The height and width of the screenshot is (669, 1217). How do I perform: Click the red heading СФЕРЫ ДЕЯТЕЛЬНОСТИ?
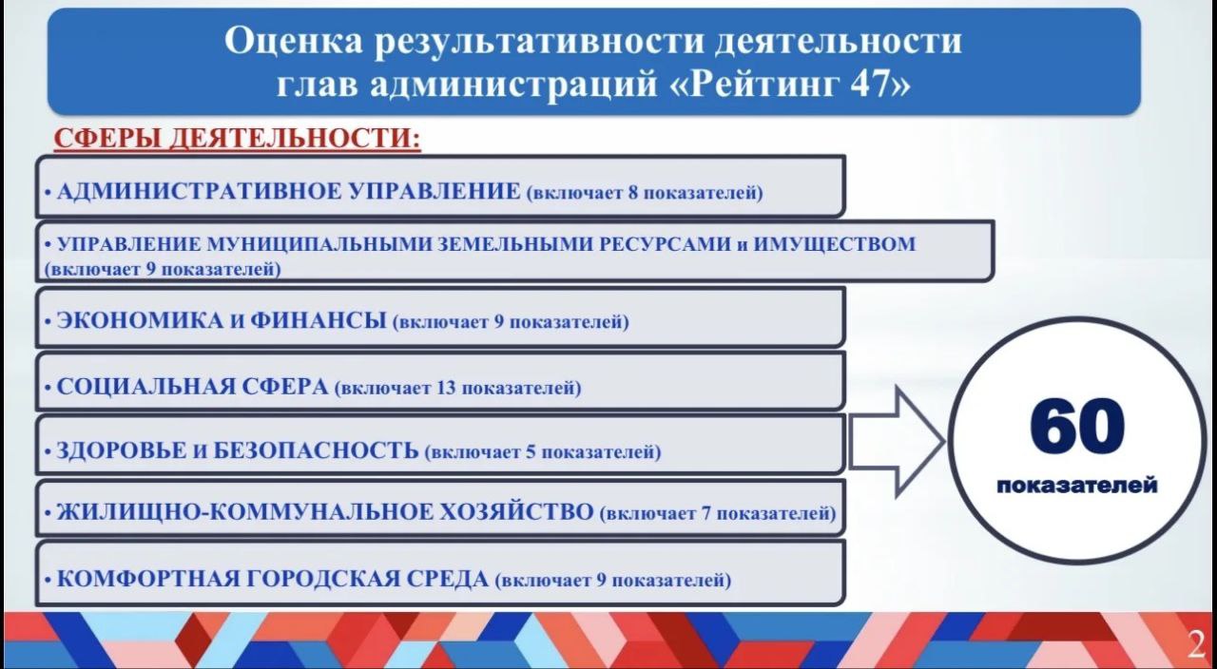pyautogui.click(x=238, y=138)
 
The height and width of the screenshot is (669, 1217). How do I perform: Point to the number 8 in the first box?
pyautogui.click(x=633, y=193)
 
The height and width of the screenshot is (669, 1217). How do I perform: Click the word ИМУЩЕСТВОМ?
pyautogui.click(x=835, y=244)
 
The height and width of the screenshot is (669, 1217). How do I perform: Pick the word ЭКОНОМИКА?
pyautogui.click(x=140, y=320)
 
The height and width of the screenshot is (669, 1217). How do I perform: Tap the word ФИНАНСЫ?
pyautogui.click(x=319, y=320)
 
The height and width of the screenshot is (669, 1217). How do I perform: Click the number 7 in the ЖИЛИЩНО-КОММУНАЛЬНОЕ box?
pyautogui.click(x=706, y=513)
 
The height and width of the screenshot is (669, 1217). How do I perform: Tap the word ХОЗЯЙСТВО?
pyautogui.click(x=515, y=512)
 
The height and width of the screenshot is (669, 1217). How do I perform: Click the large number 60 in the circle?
pyautogui.click(x=1077, y=426)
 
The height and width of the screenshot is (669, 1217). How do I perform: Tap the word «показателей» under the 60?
pyautogui.click(x=1077, y=485)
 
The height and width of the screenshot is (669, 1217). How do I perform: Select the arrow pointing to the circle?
pyautogui.click(x=897, y=441)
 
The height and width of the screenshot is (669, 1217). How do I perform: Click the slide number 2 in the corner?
pyautogui.click(x=1196, y=644)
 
